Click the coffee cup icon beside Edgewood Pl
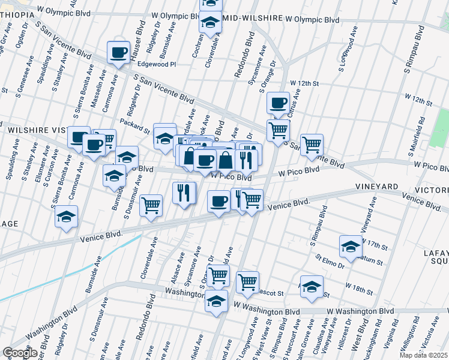[118, 52]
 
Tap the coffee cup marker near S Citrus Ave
[278, 103]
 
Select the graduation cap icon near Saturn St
[351, 246]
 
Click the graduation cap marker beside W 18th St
[312, 287]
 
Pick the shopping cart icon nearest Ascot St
[247, 281]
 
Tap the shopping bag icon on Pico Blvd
[226, 161]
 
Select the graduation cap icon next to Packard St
[164, 137]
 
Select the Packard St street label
[137, 128]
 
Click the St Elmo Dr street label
[330, 261]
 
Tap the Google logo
[20, 353]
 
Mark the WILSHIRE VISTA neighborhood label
[36, 129]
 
